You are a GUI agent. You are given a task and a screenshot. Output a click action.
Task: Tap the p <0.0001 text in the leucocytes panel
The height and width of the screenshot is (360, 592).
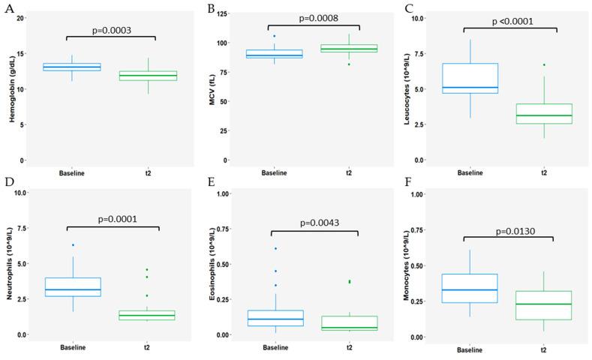[512, 21]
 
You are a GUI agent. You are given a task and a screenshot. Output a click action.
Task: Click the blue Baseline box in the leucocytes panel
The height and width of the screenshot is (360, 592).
[469, 79]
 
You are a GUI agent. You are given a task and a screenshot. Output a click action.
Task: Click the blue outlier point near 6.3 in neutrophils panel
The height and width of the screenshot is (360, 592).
[72, 245]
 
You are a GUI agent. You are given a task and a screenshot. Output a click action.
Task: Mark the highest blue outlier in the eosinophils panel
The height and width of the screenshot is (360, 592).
[275, 248]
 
